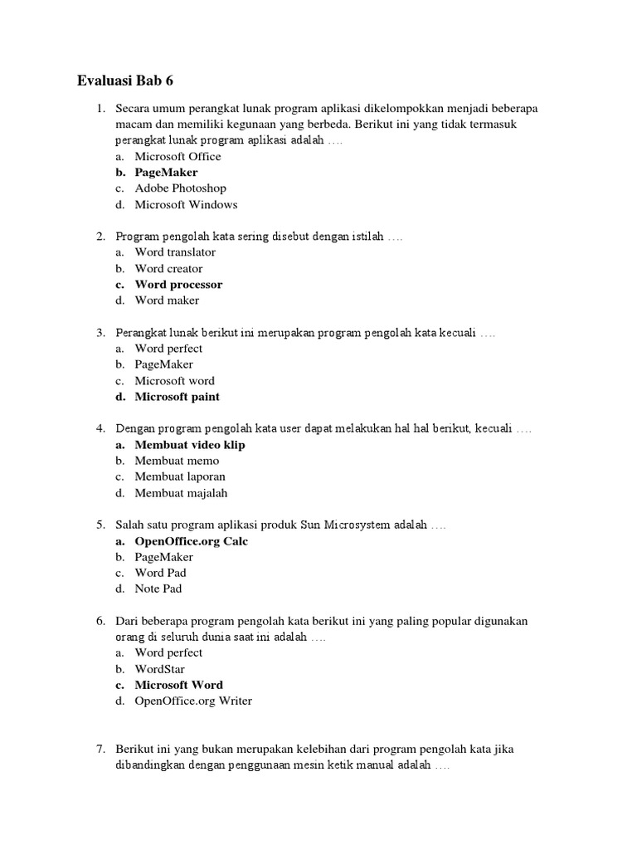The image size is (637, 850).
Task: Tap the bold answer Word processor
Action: pos(178,285)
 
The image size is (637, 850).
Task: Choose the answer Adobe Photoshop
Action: pos(180,188)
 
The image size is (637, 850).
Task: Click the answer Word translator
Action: pos(175,252)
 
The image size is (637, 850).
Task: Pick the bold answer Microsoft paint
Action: pos(177,397)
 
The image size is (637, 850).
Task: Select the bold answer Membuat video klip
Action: pos(190,445)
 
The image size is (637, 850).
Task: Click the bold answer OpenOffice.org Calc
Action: pos(192,541)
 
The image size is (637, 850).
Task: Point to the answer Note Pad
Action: pos(158,589)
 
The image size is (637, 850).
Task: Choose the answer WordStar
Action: pos(159,669)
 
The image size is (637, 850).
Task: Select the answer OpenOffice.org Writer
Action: pos(193,701)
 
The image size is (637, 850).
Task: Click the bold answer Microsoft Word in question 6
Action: pos(178,686)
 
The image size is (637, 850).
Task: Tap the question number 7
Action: pos(100,750)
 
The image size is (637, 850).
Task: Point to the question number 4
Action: pos(100,429)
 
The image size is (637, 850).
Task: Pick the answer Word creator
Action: pos(168,269)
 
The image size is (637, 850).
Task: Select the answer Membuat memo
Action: pos(177,461)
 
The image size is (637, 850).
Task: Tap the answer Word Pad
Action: pos(160,574)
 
